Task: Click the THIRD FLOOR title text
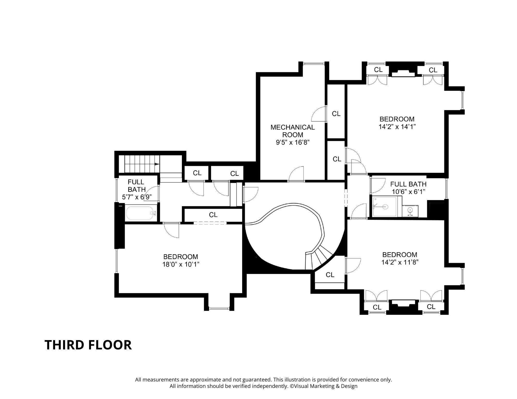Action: click(x=88, y=345)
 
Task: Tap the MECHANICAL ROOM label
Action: click(x=292, y=131)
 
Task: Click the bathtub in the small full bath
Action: click(x=141, y=213)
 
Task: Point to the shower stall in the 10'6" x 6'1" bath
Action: click(x=384, y=206)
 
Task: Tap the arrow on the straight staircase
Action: click(x=156, y=164)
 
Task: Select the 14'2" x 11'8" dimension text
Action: click(x=400, y=262)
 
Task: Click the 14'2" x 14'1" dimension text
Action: click(x=397, y=127)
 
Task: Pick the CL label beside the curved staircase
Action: click(x=330, y=275)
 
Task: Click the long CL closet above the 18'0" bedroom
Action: click(x=213, y=215)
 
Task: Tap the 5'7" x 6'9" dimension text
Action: click(x=136, y=197)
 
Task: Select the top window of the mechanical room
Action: click(x=314, y=64)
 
